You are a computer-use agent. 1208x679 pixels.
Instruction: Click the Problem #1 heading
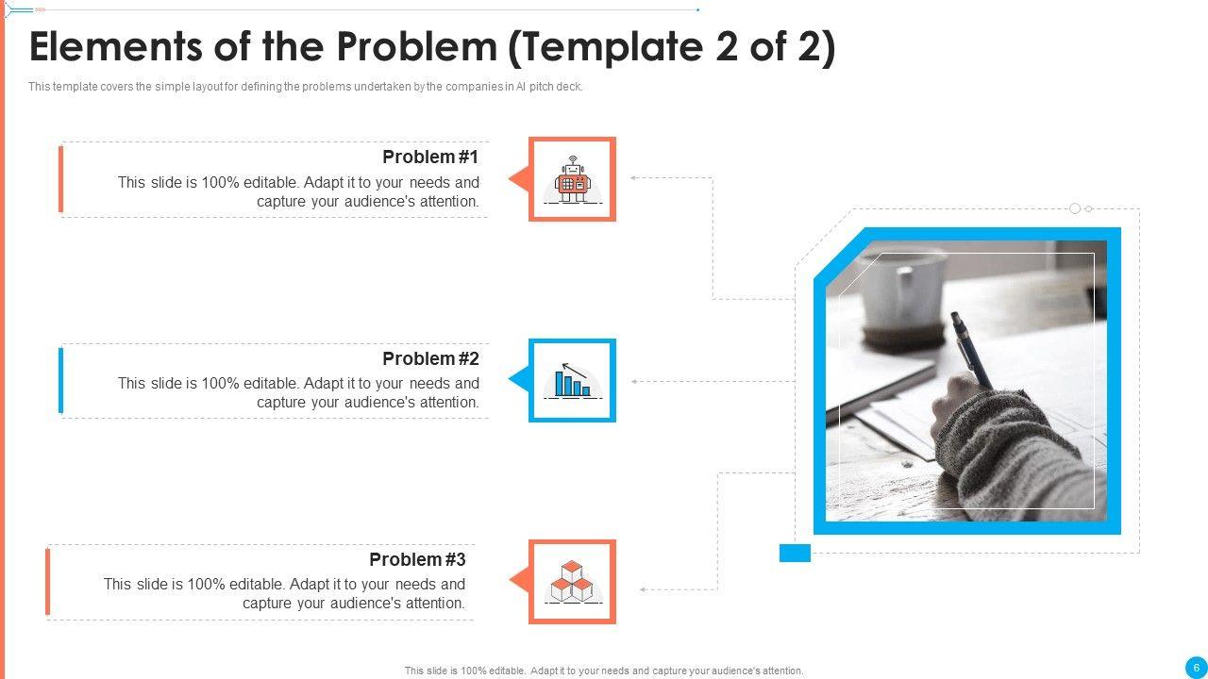430,157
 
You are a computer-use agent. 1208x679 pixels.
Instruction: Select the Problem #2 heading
430,358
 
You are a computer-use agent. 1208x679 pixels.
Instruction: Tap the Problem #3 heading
417,559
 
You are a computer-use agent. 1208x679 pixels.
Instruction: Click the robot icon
573,179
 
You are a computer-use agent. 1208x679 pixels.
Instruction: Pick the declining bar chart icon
573,380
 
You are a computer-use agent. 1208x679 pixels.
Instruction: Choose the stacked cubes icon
573,581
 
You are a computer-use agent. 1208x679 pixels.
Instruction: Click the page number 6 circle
1196,669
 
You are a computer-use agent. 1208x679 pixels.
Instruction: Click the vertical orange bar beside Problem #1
61,179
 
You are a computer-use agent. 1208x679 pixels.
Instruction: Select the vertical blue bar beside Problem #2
61,380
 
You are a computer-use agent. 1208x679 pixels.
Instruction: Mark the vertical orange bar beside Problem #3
47,582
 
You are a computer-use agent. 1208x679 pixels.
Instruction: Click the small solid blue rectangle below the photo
795,553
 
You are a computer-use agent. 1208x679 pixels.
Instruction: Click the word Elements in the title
116,46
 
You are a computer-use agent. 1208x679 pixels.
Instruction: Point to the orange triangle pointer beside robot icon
520,179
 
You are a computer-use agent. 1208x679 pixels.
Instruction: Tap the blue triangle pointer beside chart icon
520,379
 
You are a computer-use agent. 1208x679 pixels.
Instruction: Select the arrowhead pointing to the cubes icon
643,589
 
